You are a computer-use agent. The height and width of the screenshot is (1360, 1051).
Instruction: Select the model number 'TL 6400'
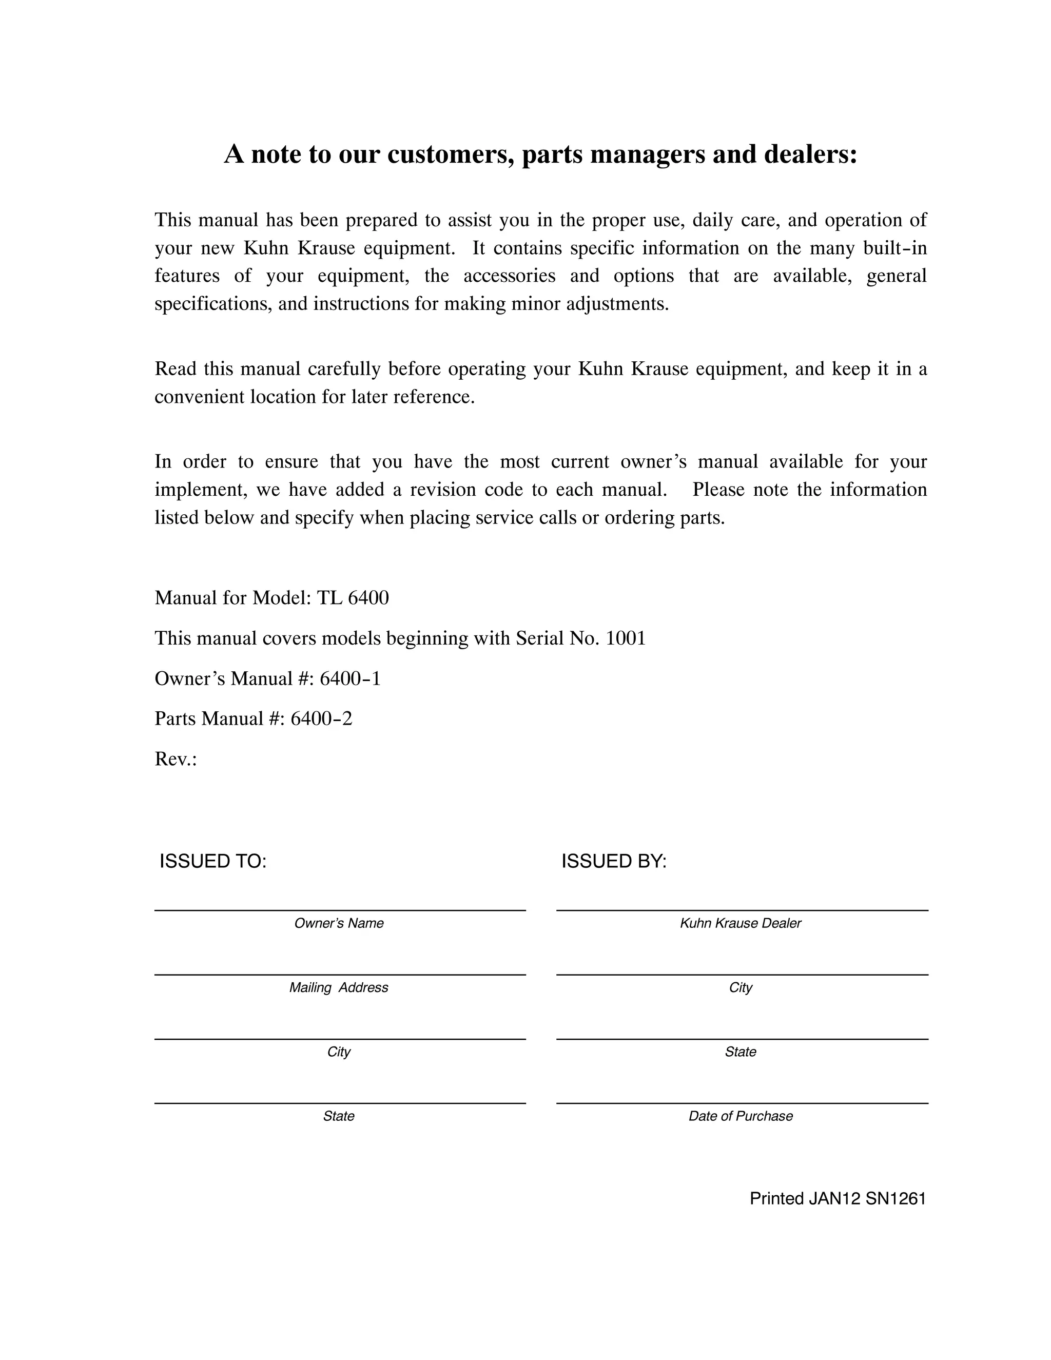(x=353, y=598)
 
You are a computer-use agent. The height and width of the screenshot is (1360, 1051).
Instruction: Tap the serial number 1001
(x=625, y=638)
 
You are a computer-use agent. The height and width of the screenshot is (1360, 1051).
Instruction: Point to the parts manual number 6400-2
(x=321, y=718)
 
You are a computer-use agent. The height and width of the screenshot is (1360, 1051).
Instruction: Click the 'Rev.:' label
(x=176, y=759)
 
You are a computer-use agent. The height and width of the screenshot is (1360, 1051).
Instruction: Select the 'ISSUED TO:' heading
(x=213, y=861)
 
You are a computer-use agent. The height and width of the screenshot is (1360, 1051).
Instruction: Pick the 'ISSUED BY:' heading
(x=614, y=861)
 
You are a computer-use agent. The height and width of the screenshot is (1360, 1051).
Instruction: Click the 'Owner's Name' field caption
(x=339, y=923)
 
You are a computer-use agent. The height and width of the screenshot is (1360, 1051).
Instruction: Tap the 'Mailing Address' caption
(x=339, y=987)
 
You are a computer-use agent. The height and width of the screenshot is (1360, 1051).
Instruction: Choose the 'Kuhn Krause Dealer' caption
(x=741, y=923)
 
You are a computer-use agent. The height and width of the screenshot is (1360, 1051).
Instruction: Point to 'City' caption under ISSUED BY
(x=741, y=987)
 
